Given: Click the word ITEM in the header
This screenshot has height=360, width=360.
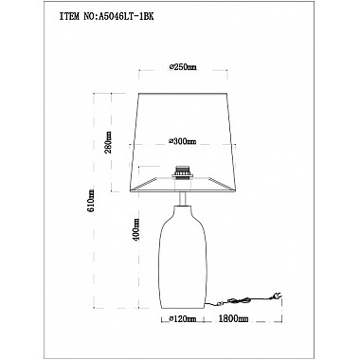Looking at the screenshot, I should (69, 17).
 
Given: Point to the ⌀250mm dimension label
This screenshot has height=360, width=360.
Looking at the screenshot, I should (181, 67).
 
